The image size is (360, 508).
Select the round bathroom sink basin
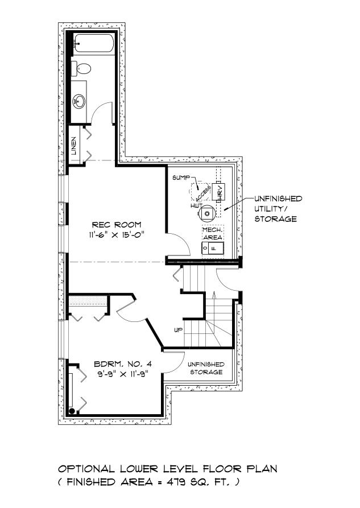[78, 101]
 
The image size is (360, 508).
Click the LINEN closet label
[74, 146]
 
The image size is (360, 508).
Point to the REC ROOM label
[117, 225]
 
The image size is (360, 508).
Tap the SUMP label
[181, 177]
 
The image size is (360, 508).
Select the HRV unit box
[218, 192]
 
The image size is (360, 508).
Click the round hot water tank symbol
[207, 213]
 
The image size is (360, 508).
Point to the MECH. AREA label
[213, 234]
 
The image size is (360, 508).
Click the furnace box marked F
[213, 248]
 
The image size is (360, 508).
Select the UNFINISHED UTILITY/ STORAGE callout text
[278, 209]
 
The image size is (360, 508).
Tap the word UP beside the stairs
[179, 330]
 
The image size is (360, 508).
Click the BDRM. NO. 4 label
[123, 364]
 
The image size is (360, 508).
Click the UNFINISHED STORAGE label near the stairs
[206, 369]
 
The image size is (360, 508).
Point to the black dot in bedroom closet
[72, 411]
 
